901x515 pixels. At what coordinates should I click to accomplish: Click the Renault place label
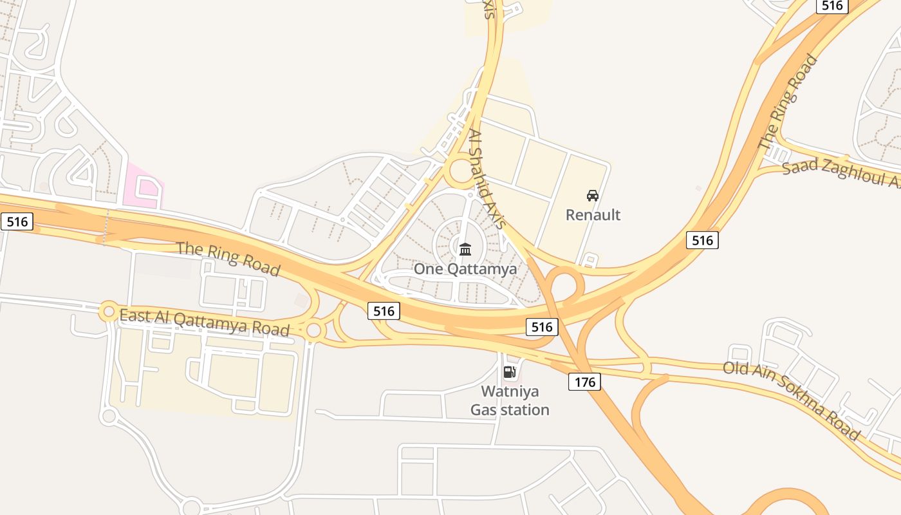(x=593, y=214)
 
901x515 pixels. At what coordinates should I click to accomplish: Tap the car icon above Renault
(x=593, y=196)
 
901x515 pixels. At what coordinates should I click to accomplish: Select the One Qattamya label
(x=465, y=268)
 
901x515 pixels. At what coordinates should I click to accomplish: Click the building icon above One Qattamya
(x=465, y=248)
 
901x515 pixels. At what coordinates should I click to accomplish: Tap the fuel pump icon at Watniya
(x=509, y=371)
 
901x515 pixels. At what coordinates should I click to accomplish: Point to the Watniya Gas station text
(x=510, y=400)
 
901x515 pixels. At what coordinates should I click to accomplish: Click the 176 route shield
(x=584, y=382)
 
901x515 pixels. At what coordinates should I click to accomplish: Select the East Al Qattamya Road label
(x=205, y=323)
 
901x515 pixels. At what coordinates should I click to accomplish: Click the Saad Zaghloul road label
(x=840, y=173)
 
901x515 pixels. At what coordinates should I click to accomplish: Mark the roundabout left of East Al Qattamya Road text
(x=108, y=312)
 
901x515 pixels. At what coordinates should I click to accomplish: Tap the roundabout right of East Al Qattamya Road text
(x=313, y=331)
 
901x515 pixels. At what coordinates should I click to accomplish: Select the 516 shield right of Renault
(x=702, y=240)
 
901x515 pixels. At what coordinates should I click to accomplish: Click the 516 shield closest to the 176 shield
(x=542, y=327)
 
